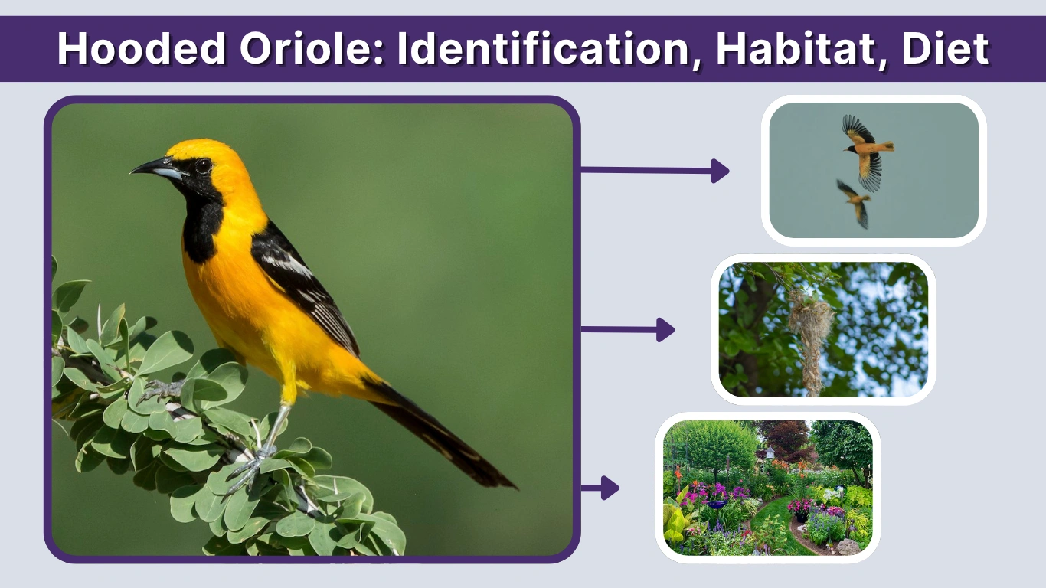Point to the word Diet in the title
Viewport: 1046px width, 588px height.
945,49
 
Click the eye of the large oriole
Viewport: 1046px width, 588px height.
203,165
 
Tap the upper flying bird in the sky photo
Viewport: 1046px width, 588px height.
867,149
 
